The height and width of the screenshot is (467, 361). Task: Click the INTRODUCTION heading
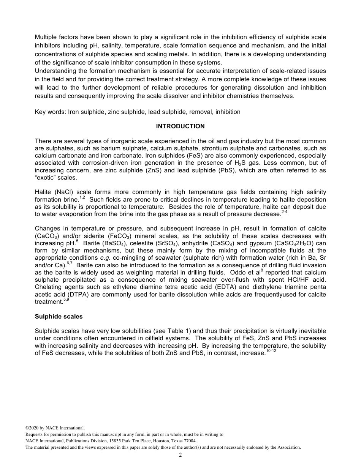180,126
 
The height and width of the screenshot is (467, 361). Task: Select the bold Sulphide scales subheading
59,316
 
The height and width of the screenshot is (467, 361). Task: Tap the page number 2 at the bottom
180,455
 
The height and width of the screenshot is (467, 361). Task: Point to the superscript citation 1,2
82,197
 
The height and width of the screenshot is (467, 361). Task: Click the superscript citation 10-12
271,351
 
